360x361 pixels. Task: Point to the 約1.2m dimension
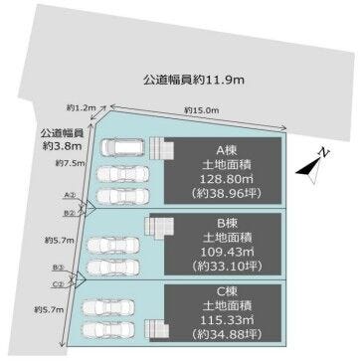pyautogui.click(x=83, y=106)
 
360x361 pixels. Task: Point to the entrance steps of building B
pyautogui.click(x=157, y=228)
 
